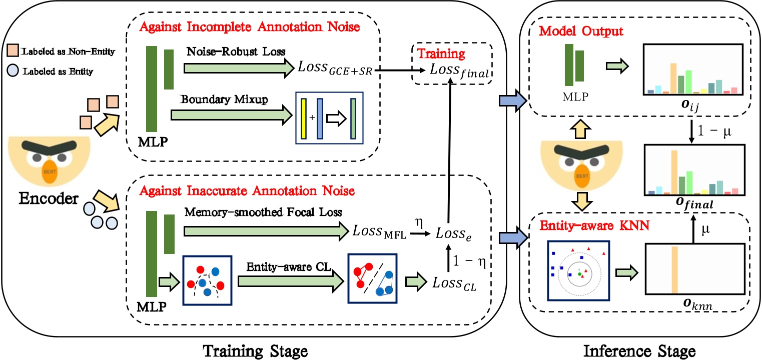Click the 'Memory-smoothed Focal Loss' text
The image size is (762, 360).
(x=263, y=211)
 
